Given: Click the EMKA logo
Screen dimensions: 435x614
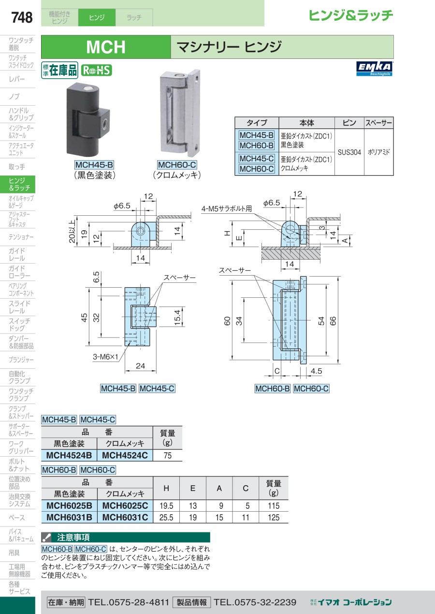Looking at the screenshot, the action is [x=374, y=69].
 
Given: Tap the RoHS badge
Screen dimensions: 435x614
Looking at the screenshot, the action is [x=97, y=70].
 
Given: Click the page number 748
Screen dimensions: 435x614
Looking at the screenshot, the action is [x=22, y=17].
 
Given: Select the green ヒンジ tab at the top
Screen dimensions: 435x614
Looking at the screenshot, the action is [x=97, y=17].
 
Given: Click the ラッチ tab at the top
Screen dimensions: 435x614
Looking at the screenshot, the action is [x=134, y=17].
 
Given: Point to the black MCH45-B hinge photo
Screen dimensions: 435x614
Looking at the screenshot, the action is [x=88, y=120].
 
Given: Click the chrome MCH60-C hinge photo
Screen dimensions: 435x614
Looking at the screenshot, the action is [x=180, y=112].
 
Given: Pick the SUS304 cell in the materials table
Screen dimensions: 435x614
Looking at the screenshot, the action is [x=349, y=152].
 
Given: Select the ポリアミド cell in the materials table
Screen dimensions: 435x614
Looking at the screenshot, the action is [x=379, y=152].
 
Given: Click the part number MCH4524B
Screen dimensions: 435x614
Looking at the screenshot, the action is [x=69, y=455].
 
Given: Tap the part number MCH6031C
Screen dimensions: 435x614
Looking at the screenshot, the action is [x=125, y=517].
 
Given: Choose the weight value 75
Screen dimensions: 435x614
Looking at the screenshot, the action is [x=167, y=455].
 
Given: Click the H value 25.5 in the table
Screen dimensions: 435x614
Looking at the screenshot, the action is [x=166, y=517].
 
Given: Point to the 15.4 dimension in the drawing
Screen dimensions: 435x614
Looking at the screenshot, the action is [x=177, y=318].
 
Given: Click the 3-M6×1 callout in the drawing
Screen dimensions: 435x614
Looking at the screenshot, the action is [x=105, y=357].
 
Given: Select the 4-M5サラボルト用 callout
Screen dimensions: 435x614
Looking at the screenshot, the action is [x=226, y=209].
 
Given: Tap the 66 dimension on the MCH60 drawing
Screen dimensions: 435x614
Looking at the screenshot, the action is [x=333, y=321].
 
